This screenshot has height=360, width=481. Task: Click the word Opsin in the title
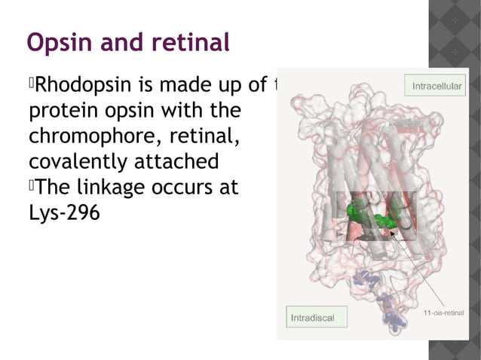tap(57, 44)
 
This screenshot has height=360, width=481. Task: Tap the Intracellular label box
tap(436, 87)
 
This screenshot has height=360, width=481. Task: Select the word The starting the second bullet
tap(50, 187)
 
